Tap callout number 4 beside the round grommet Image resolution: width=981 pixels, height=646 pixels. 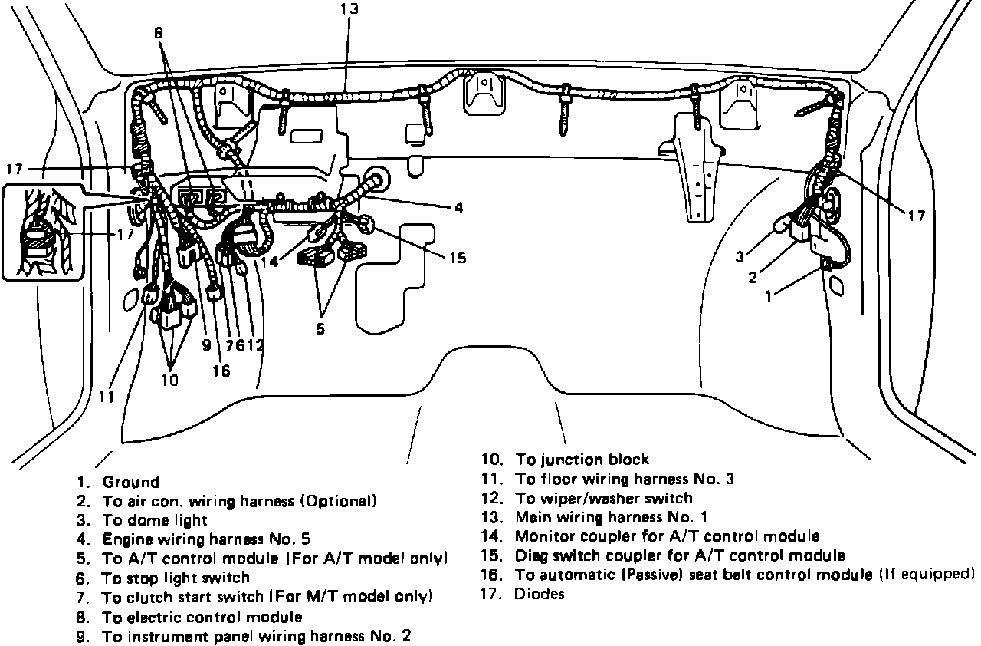(x=458, y=207)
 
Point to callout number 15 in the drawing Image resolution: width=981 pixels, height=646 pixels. (x=457, y=258)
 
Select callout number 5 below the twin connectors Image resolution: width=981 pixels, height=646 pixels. (x=320, y=328)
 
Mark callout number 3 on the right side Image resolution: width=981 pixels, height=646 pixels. (x=740, y=257)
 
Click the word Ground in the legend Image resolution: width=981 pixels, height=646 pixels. (x=130, y=483)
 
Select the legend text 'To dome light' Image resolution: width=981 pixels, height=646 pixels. (x=155, y=520)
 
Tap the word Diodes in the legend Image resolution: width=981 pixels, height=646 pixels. (x=540, y=594)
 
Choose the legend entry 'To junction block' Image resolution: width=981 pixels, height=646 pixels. (x=582, y=460)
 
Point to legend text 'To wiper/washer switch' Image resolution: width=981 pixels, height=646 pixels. (x=603, y=498)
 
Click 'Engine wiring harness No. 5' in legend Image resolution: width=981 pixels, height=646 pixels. (x=205, y=539)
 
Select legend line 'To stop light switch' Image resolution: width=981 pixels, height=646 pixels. (x=176, y=578)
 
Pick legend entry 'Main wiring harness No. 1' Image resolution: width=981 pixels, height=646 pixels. (x=611, y=517)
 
